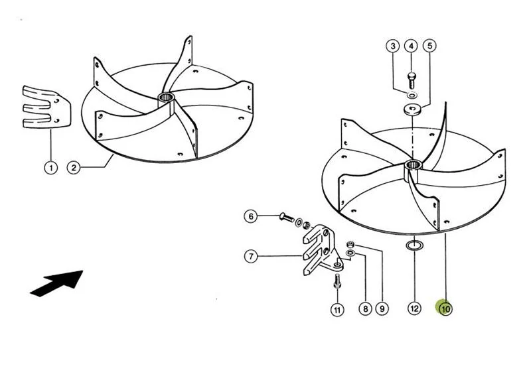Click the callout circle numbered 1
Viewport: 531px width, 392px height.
[51, 168]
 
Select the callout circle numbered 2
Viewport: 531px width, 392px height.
[74, 168]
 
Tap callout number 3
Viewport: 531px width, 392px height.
[393, 46]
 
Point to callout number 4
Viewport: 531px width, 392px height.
[411, 46]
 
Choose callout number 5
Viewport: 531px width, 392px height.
[429, 46]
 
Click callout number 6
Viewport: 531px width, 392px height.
[251, 216]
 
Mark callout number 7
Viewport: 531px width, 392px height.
[251, 256]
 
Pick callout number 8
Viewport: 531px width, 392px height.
[366, 308]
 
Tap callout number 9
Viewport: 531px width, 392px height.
[382, 308]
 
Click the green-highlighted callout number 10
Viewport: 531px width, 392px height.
[445, 308]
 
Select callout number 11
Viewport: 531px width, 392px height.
[337, 310]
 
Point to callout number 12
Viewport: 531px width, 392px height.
[414, 308]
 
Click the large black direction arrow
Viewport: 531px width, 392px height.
[58, 283]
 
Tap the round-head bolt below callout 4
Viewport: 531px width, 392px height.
[412, 80]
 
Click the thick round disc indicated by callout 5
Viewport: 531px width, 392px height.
[413, 109]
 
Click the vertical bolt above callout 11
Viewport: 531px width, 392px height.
[337, 281]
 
